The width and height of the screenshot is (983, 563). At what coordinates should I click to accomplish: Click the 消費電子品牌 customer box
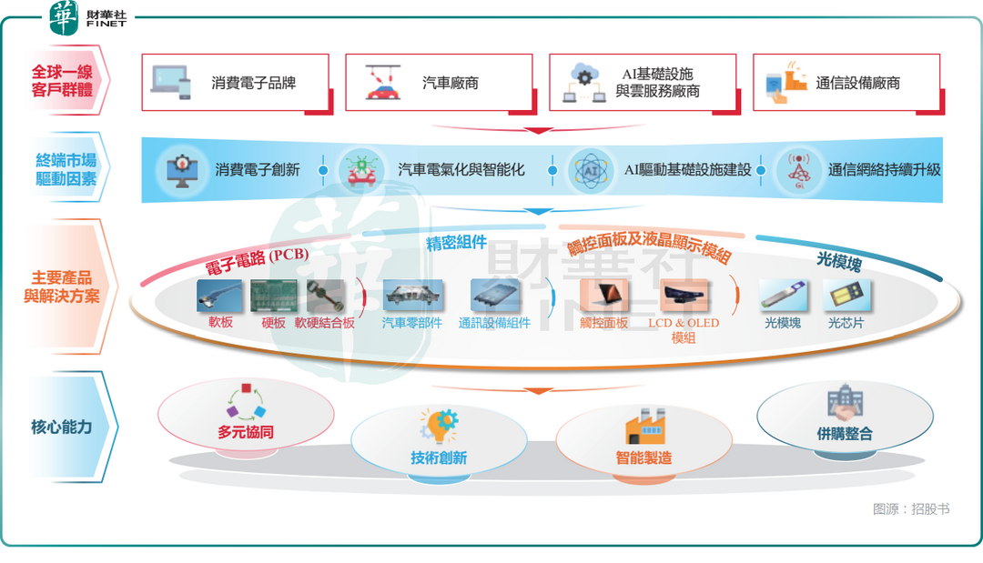[x=236, y=83]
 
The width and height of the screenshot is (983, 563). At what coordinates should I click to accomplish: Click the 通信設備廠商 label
[x=858, y=83]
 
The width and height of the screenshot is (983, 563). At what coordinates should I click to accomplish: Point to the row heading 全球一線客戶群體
[x=62, y=80]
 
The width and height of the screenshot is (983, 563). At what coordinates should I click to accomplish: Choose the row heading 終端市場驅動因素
[x=62, y=170]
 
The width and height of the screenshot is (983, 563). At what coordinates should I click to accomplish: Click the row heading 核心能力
[x=62, y=427]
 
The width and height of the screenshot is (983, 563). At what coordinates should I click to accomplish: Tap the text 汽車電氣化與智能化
[x=461, y=170]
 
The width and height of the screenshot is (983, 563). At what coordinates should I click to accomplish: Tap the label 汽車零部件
[x=411, y=323]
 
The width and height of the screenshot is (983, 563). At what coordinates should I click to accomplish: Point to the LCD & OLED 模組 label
[x=683, y=330]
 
